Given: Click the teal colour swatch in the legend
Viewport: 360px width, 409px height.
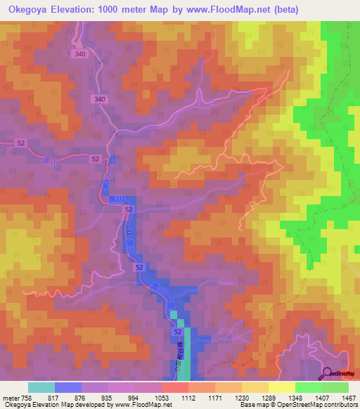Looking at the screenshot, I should coord(41,387).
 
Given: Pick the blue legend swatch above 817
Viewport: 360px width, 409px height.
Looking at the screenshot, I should coord(68,387).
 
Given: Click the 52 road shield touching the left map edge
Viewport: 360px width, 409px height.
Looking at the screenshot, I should coord(20,143).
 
